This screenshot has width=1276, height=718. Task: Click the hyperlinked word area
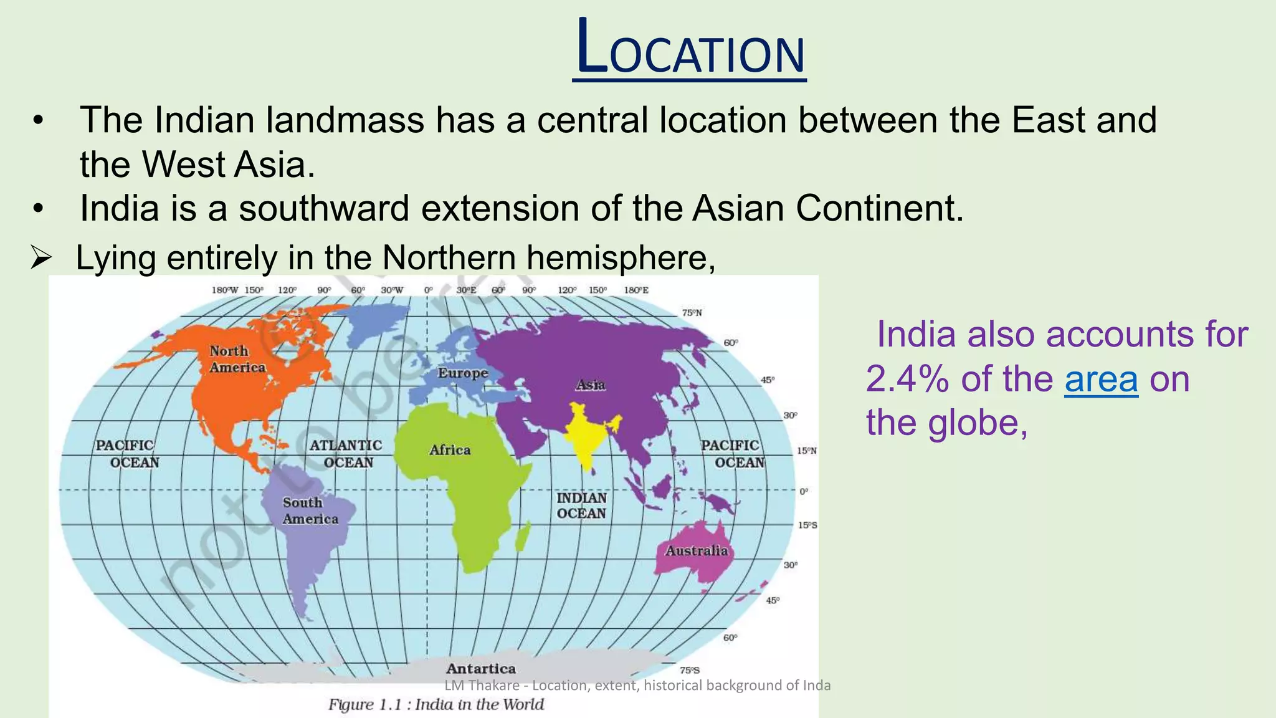(x=1101, y=379)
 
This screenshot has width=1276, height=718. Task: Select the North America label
(x=237, y=360)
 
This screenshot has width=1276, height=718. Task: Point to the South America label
(x=310, y=510)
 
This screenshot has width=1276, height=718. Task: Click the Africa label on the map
(x=449, y=450)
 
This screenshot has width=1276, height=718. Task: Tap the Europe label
(x=462, y=373)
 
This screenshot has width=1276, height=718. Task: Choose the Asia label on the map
(x=590, y=385)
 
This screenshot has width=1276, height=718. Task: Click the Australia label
(x=696, y=550)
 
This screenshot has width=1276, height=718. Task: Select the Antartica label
(x=480, y=669)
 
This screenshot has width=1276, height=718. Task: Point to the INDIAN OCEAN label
(x=581, y=505)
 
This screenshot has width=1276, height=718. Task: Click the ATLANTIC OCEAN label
(x=346, y=454)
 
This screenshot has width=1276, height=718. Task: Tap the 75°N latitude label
(x=692, y=313)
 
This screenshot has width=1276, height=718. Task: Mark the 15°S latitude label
(x=807, y=525)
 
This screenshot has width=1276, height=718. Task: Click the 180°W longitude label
(x=224, y=290)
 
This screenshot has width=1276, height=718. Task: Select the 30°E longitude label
(x=466, y=290)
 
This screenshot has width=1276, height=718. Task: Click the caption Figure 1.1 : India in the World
(x=436, y=705)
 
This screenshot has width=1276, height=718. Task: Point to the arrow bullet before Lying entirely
(x=40, y=258)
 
